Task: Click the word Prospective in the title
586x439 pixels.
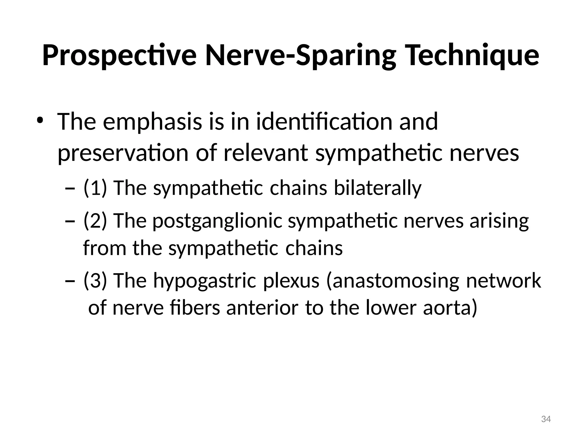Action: point(119,55)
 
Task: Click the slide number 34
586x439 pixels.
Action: point(546,419)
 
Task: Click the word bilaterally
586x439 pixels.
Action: point(378,188)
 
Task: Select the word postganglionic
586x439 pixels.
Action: point(217,221)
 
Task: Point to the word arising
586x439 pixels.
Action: point(499,221)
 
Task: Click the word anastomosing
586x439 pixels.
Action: point(392,281)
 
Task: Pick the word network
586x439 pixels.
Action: point(504,280)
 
